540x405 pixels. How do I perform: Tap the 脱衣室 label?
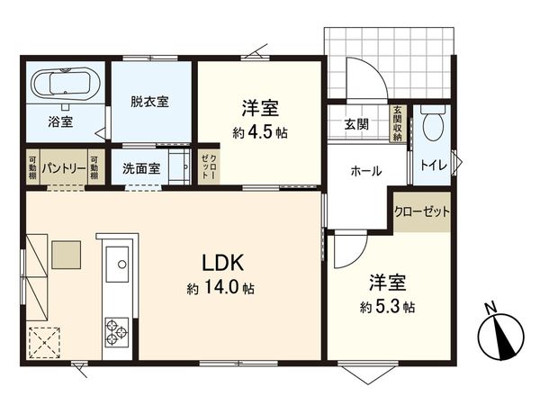(150, 102)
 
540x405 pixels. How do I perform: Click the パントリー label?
(61, 168)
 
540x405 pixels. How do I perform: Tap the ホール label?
(365, 170)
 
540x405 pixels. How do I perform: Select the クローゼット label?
(421, 211)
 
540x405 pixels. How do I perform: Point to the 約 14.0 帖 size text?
(220, 289)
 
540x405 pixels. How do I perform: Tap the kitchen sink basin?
(118, 265)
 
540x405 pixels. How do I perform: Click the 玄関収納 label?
(397, 124)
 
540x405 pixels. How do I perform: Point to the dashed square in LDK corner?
(43, 342)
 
